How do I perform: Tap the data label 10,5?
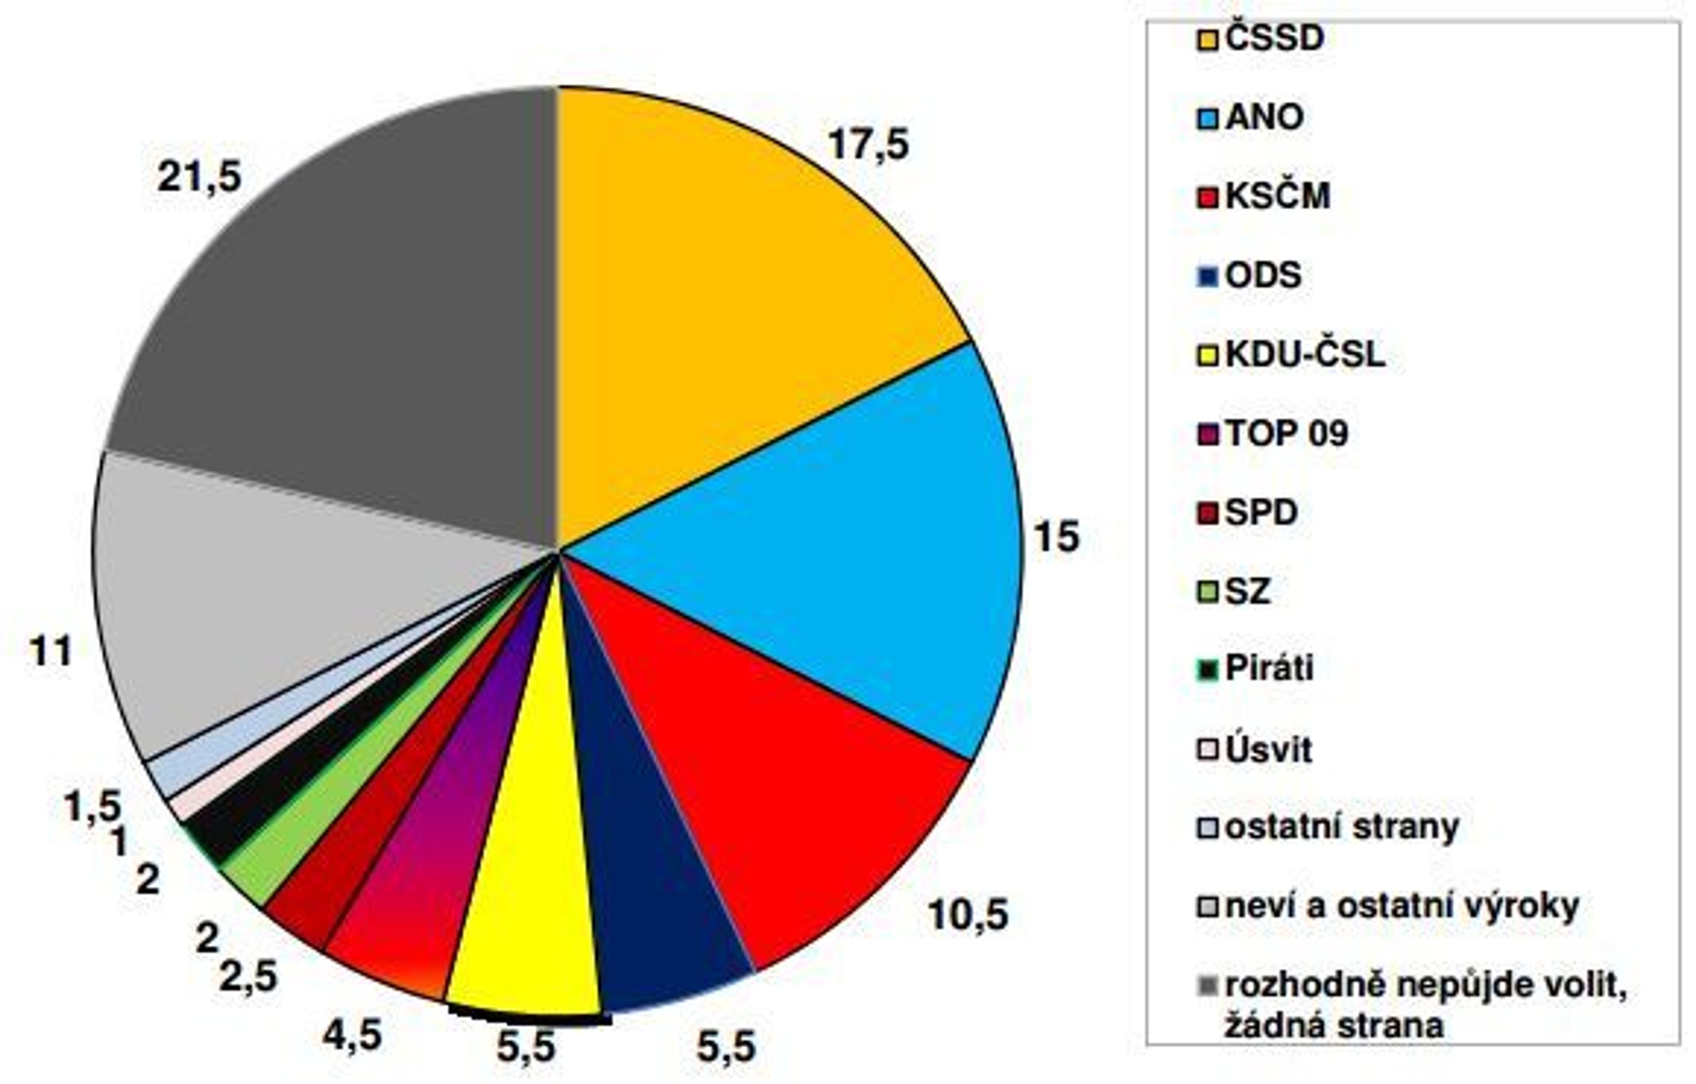point(968,915)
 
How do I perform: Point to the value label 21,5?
point(199,176)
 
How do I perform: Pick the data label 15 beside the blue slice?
point(1056,537)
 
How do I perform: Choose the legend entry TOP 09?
point(1272,433)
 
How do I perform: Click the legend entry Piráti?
point(1255,668)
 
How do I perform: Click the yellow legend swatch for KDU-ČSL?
point(1207,356)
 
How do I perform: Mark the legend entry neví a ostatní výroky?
point(1387,907)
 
